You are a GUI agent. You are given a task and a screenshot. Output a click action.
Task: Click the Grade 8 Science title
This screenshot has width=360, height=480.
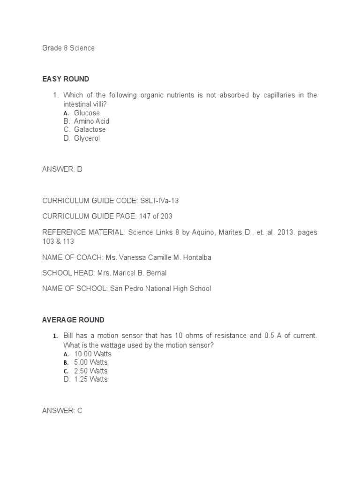pos(68,48)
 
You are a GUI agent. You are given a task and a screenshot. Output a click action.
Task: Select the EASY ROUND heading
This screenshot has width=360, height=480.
pos(66,79)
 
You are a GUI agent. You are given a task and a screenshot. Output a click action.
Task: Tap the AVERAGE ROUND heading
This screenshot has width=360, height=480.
pos(73,320)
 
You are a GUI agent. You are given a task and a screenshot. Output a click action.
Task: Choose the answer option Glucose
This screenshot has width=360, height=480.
pos(87,113)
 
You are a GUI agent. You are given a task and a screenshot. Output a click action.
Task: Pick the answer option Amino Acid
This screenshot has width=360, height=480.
pos(91,121)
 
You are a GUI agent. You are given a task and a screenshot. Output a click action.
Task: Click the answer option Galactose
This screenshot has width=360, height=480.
pos(90,130)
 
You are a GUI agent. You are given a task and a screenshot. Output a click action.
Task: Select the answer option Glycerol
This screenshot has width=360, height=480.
pos(87,138)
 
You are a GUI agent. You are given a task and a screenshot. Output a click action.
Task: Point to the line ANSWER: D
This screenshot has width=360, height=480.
pos(62,170)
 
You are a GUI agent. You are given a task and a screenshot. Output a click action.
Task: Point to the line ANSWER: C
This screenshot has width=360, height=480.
pos(62,411)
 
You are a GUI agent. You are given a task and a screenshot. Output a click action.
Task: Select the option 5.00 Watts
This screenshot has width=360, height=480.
pos(91,362)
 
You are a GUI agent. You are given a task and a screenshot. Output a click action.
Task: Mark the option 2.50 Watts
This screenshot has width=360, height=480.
pos(91,371)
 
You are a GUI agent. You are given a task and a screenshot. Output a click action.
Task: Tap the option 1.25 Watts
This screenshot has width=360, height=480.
pos(91,379)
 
